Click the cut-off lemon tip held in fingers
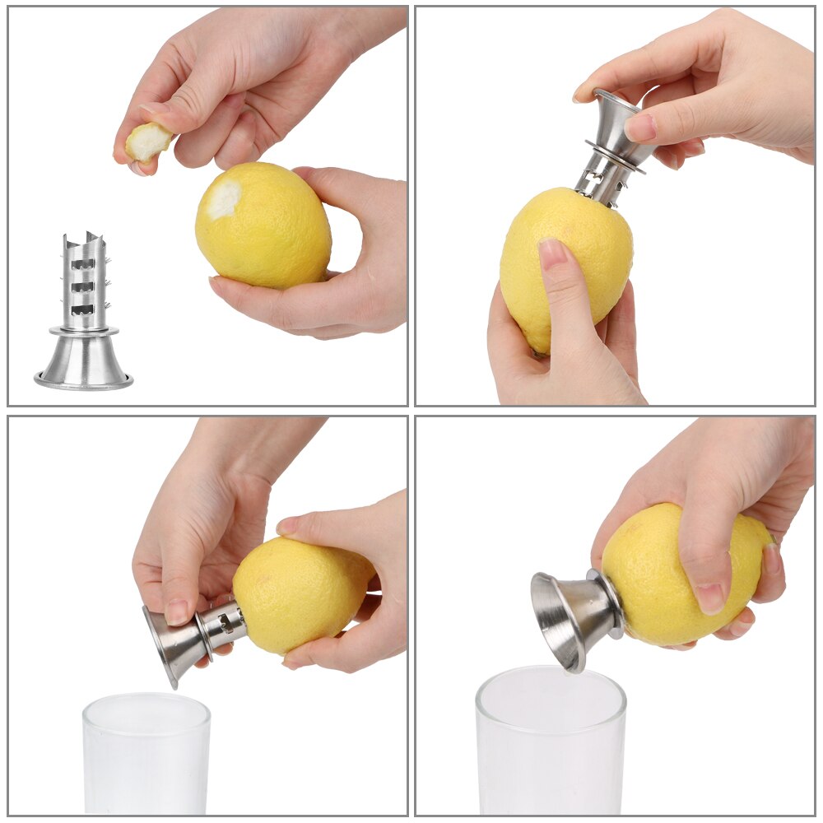[x=148, y=143]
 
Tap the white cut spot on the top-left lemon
[x=224, y=200]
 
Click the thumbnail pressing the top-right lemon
[x=554, y=251]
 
